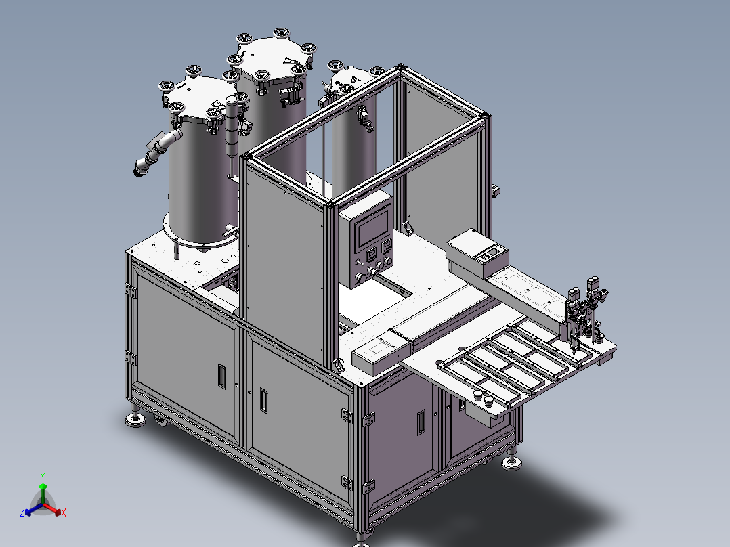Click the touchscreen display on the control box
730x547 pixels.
pos(373,228)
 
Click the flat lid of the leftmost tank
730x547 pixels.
pos(196,100)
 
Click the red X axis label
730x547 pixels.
pos(63,513)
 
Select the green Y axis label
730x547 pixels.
pos(42,476)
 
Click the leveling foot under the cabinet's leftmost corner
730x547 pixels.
pos(136,420)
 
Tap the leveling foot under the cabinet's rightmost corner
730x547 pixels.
pos(511,462)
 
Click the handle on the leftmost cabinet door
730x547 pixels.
pos(221,376)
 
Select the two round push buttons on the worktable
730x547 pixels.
pos(482,399)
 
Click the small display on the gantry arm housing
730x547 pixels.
pos(490,255)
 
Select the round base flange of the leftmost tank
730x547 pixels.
pos(197,234)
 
